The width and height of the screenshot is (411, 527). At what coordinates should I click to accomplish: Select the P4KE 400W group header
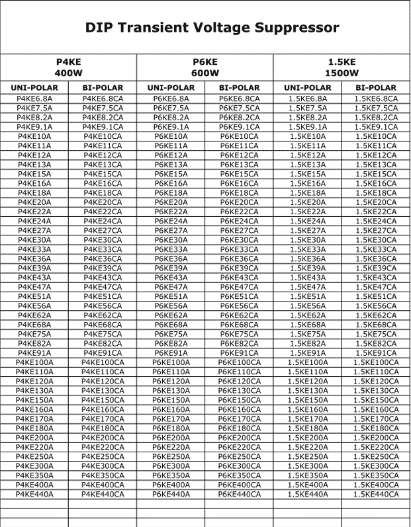pos(68,67)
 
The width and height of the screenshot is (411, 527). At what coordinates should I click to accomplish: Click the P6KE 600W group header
pos(205,67)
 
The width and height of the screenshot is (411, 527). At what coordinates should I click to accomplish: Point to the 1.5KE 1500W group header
pos(342,67)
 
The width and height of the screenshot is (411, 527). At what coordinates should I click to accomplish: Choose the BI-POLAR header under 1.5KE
pos(376,88)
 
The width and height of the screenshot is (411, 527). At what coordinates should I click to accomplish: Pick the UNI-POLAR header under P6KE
pos(171,88)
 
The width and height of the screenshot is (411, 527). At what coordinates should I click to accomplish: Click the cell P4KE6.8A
pos(34,99)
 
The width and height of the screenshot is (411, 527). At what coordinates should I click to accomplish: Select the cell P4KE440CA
pos(103,494)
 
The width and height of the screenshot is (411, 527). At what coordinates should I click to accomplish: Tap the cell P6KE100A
pos(171,362)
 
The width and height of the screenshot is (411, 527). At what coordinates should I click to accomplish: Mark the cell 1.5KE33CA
pos(376,249)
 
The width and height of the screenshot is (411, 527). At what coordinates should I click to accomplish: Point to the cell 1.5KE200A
pos(308,438)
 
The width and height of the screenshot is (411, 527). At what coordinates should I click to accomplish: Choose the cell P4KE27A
pos(34,230)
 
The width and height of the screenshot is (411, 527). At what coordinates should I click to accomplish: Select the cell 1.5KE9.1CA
pos(376,127)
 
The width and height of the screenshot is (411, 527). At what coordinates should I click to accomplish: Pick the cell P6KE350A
pos(171,475)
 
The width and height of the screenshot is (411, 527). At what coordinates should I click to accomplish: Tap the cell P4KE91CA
pos(103,353)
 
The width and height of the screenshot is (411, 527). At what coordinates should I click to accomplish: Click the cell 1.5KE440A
pos(308,494)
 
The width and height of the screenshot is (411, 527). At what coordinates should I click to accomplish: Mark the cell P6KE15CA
pos(239,174)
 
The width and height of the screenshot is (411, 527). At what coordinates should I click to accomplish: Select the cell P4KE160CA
pos(103,409)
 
